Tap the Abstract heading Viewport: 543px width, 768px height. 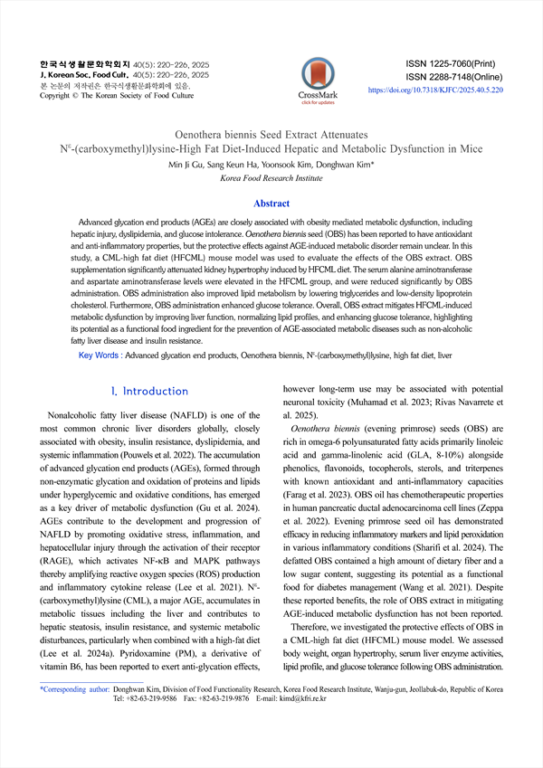click(271, 204)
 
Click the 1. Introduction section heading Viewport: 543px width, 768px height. click(148, 391)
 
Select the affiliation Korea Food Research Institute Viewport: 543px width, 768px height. click(271, 179)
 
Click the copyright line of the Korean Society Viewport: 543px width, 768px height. click(117, 95)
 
